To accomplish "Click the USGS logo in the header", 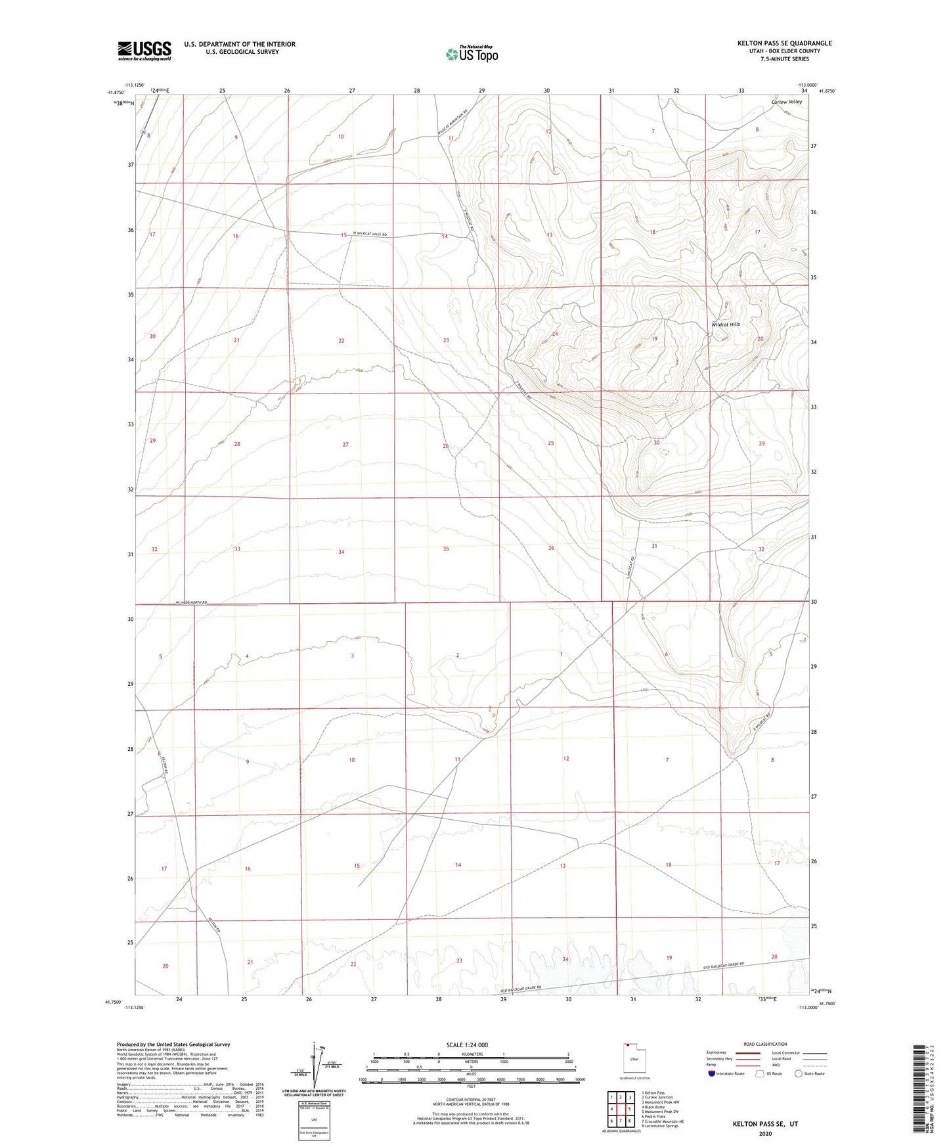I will [x=144, y=51].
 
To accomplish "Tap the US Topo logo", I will [x=471, y=54].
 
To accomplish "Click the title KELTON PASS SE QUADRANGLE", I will [x=784, y=43].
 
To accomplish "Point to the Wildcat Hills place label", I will [x=726, y=325].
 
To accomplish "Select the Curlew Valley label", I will [x=786, y=102].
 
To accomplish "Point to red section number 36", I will [x=551, y=548].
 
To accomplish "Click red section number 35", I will [x=446, y=549].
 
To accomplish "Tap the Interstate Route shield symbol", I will [x=712, y=1073].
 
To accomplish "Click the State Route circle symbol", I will [x=799, y=1073].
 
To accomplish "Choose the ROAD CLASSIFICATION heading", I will [x=765, y=1044].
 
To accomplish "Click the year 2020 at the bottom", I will [x=765, y=1134].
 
